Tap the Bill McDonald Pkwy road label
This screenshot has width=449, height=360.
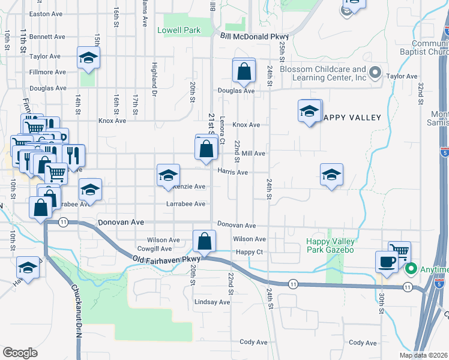[x=255, y=37]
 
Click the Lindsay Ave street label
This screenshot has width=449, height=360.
[x=212, y=302]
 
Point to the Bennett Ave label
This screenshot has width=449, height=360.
[x=47, y=37]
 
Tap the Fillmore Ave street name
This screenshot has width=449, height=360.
[x=47, y=72]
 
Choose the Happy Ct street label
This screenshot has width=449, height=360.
[x=250, y=252]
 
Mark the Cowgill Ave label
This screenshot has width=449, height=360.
[x=154, y=248]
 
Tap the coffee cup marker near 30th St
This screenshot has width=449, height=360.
[x=386, y=262]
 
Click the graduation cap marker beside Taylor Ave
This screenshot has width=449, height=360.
[x=88, y=58]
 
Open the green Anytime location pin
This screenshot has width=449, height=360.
[x=411, y=269]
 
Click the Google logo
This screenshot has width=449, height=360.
[x=20, y=353]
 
